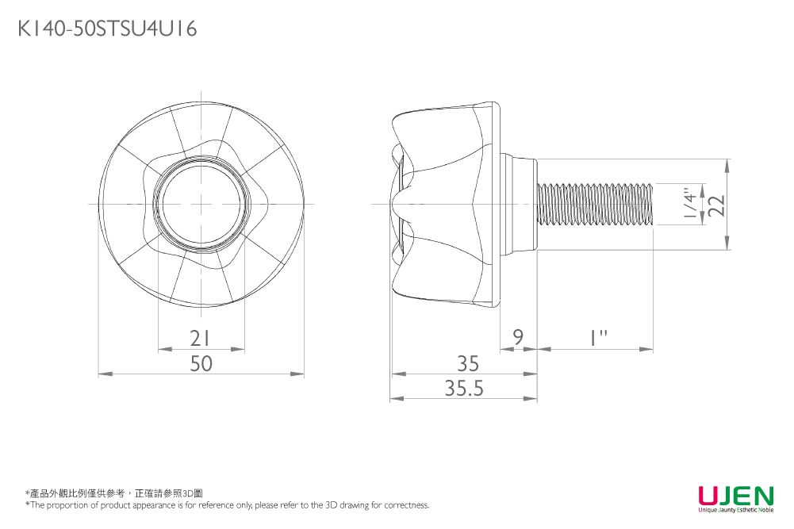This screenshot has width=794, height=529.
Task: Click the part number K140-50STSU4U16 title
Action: point(107,29)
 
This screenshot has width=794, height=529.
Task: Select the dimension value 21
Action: point(201,339)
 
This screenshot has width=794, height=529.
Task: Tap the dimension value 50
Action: point(201,363)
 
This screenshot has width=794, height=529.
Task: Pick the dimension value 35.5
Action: point(464,389)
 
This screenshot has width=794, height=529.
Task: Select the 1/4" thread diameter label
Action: point(692,204)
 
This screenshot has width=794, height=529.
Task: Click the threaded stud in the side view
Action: point(595,204)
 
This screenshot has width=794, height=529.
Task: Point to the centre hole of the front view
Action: point(201,204)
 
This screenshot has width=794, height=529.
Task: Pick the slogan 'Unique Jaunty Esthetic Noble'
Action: point(735,510)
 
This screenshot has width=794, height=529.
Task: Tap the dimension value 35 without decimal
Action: point(468,363)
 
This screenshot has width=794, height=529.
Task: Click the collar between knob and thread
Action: point(519,204)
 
